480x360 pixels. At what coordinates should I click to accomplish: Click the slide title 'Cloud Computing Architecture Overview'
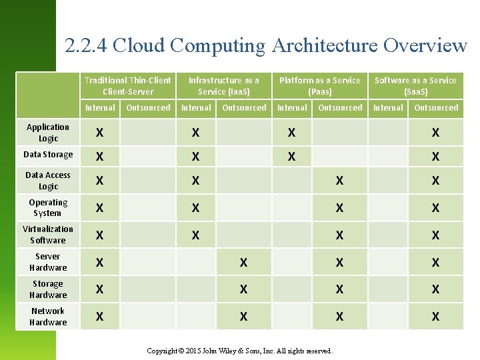pyautogui.click(x=266, y=45)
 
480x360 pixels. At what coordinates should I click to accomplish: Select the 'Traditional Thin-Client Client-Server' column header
pyautogui.click(x=128, y=85)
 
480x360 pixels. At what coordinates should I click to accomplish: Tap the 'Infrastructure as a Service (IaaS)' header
pyautogui.click(x=224, y=85)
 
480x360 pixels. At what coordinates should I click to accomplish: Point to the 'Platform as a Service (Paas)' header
pyautogui.click(x=320, y=85)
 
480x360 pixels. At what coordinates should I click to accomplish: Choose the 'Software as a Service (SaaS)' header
pyautogui.click(x=415, y=85)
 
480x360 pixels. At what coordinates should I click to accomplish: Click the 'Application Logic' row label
pyautogui.click(x=48, y=133)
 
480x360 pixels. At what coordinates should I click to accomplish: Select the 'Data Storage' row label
pyautogui.click(x=48, y=155)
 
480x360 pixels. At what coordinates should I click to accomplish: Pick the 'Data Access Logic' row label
pyautogui.click(x=48, y=181)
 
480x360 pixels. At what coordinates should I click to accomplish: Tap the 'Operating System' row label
pyautogui.click(x=48, y=208)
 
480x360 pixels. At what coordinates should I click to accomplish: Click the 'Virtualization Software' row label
pyautogui.click(x=48, y=235)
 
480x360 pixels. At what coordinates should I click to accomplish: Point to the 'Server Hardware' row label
pyautogui.click(x=48, y=262)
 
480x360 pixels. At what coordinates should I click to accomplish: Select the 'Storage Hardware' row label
pyautogui.click(x=48, y=289)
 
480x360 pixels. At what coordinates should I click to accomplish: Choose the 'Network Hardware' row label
pyautogui.click(x=48, y=317)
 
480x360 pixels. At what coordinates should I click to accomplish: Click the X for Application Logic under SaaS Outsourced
pyautogui.click(x=435, y=133)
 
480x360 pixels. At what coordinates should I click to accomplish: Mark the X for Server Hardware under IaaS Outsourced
pyautogui.click(x=243, y=263)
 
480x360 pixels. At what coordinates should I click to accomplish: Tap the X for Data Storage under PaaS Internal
pyautogui.click(x=291, y=157)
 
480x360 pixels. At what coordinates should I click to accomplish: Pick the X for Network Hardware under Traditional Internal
pyautogui.click(x=99, y=317)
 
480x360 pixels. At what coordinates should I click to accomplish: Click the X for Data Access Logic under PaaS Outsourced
pyautogui.click(x=339, y=181)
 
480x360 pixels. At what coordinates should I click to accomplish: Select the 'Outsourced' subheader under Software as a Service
pyautogui.click(x=436, y=107)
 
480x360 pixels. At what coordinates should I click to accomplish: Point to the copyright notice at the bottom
pyautogui.click(x=240, y=351)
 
